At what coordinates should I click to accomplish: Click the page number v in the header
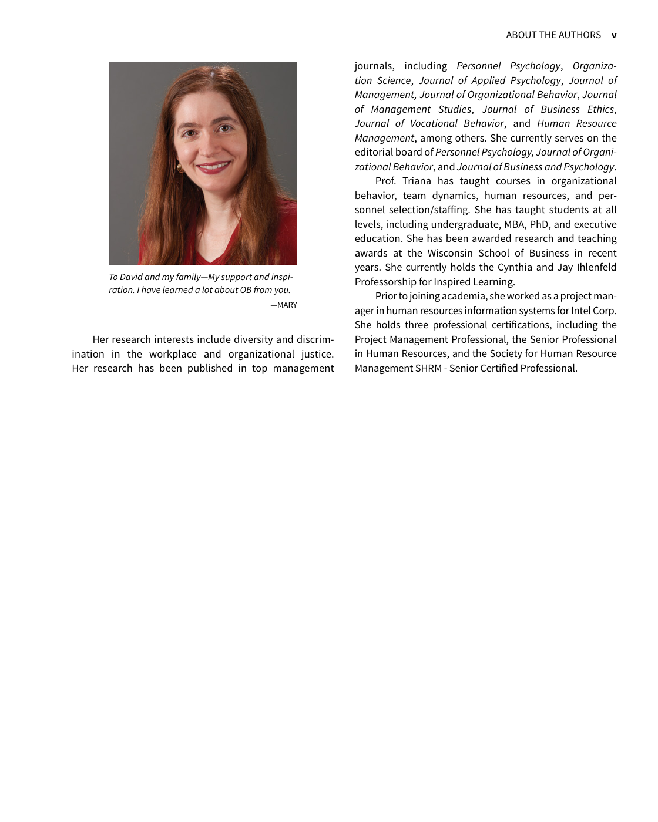coord(614,35)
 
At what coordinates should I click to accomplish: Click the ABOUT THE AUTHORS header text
coord(553,35)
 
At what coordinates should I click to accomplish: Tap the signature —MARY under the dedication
coord(284,305)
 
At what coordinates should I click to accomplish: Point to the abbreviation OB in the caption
coord(246,290)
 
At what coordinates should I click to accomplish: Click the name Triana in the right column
coord(417,181)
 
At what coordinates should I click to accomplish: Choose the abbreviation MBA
coord(515,224)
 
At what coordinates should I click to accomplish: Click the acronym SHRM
coord(429,368)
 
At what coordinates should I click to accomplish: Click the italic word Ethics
coord(600,109)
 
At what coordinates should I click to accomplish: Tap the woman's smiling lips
coord(213,166)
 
